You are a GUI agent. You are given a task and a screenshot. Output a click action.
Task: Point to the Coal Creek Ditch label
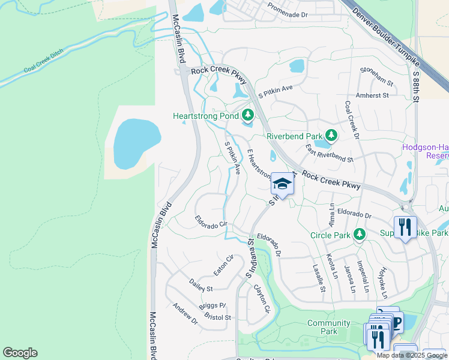(44, 62)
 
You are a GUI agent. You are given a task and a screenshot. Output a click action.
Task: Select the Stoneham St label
(376, 76)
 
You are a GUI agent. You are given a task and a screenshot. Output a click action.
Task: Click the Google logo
(20, 353)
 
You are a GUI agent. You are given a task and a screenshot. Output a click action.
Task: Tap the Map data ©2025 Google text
(412, 355)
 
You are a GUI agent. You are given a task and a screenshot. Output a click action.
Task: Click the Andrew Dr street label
(185, 313)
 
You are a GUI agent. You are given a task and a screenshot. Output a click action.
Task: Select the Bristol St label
(217, 316)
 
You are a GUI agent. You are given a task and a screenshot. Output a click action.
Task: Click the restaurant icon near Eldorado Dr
(405, 227)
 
